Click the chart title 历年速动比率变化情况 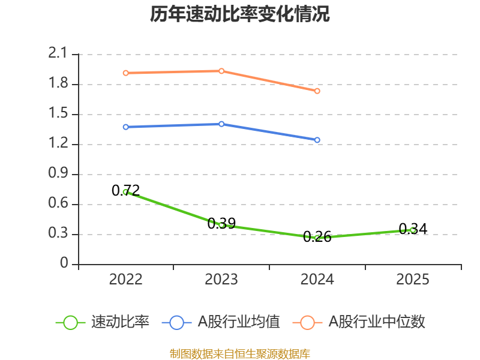click(x=240, y=14)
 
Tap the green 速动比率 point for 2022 click(x=125, y=192)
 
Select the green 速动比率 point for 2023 click(x=221, y=225)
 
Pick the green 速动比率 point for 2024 click(x=317, y=238)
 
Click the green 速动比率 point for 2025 click(x=413, y=230)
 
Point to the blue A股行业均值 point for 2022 click(x=125, y=127)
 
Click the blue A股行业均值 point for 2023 click(x=221, y=124)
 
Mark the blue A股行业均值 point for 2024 click(x=317, y=140)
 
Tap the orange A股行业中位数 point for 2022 click(x=125, y=73)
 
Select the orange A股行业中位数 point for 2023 click(x=221, y=71)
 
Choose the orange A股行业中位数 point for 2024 click(x=317, y=91)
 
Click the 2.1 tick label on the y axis click(x=58, y=54)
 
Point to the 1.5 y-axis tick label click(x=58, y=114)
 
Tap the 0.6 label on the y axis click(x=58, y=204)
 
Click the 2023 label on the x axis click(x=221, y=280)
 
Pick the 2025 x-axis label click(x=413, y=280)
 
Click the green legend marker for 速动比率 click(x=70, y=322)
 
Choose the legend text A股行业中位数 click(x=376, y=322)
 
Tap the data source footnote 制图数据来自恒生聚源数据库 click(x=240, y=353)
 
